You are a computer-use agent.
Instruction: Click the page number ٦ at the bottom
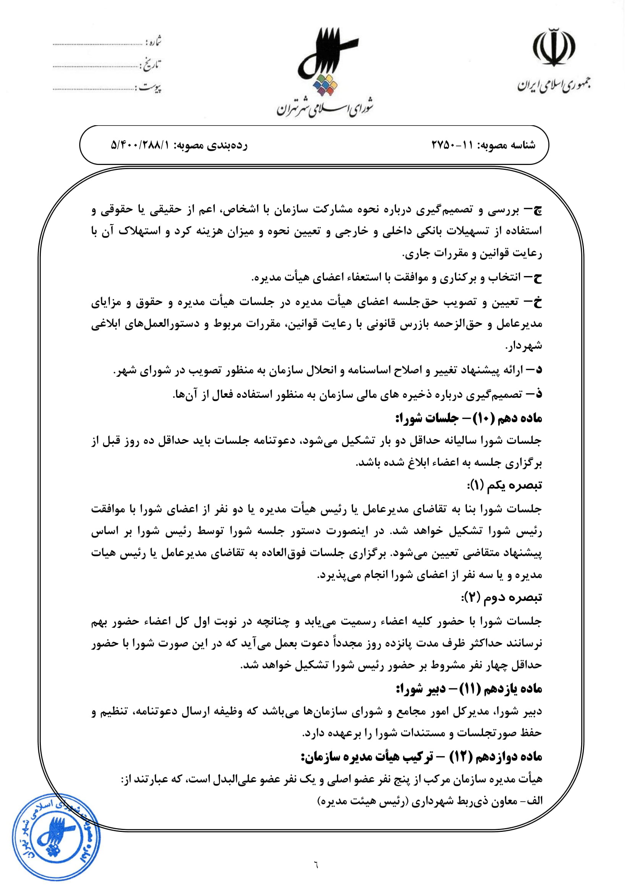pyautogui.click(x=316, y=867)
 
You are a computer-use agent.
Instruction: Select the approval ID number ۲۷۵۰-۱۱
pyautogui.click(x=451, y=145)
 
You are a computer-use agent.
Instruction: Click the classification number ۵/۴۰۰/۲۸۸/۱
pyautogui.click(x=140, y=145)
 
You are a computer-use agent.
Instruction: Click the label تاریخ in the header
pyautogui.click(x=152, y=65)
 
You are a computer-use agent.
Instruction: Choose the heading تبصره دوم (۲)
pyautogui.click(x=502, y=597)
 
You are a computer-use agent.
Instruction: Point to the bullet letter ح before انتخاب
pyautogui.click(x=537, y=277)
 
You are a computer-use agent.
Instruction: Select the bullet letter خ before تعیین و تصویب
pyautogui.click(x=537, y=302)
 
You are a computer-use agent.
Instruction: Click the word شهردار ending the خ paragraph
pyautogui.click(x=523, y=346)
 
